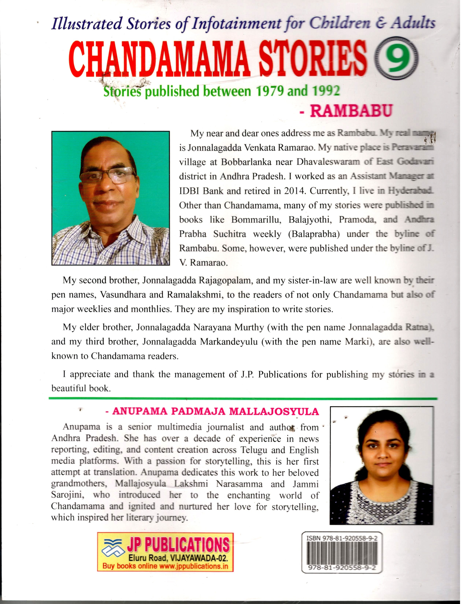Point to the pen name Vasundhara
click(x=123, y=295)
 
